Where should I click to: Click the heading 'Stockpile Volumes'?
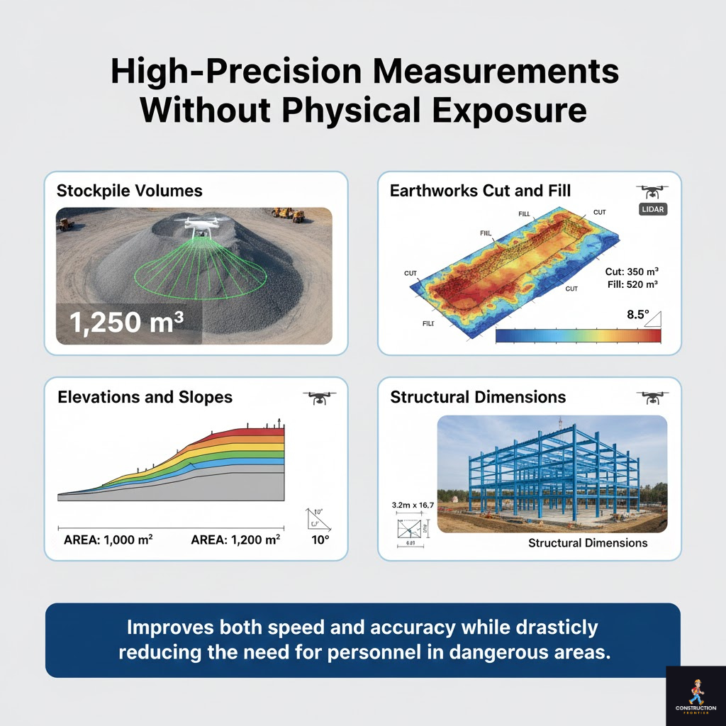click(x=129, y=191)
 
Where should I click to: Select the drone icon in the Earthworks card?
click(x=652, y=191)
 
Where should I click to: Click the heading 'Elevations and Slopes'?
click(x=145, y=397)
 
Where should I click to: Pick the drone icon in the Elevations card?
click(x=319, y=398)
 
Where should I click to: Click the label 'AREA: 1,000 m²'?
click(x=108, y=540)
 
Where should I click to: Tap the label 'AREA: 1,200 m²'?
click(x=235, y=540)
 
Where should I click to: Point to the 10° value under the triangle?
click(x=320, y=540)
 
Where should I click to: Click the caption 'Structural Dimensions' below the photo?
click(x=588, y=543)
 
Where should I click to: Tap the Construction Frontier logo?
click(x=696, y=696)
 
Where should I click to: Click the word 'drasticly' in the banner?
click(x=558, y=627)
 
